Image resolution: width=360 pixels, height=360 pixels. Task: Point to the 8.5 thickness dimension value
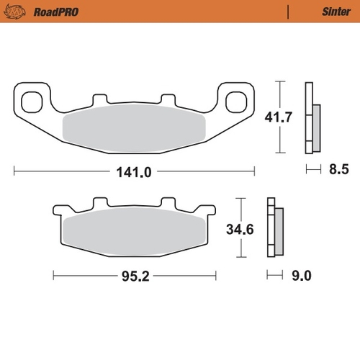click(x=338, y=171)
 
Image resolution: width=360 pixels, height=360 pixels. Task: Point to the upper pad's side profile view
click(x=312, y=117)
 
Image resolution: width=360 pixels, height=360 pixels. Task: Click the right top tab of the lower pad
click(x=168, y=204)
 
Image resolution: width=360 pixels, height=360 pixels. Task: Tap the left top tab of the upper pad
click(x=99, y=99)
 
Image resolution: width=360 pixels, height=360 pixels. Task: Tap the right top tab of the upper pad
click(x=168, y=99)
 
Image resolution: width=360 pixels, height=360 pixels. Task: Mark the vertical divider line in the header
click(x=288, y=12)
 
